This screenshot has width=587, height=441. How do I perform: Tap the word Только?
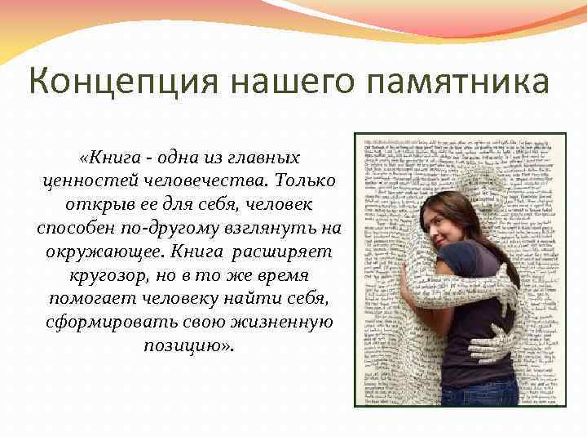click(301, 178)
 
